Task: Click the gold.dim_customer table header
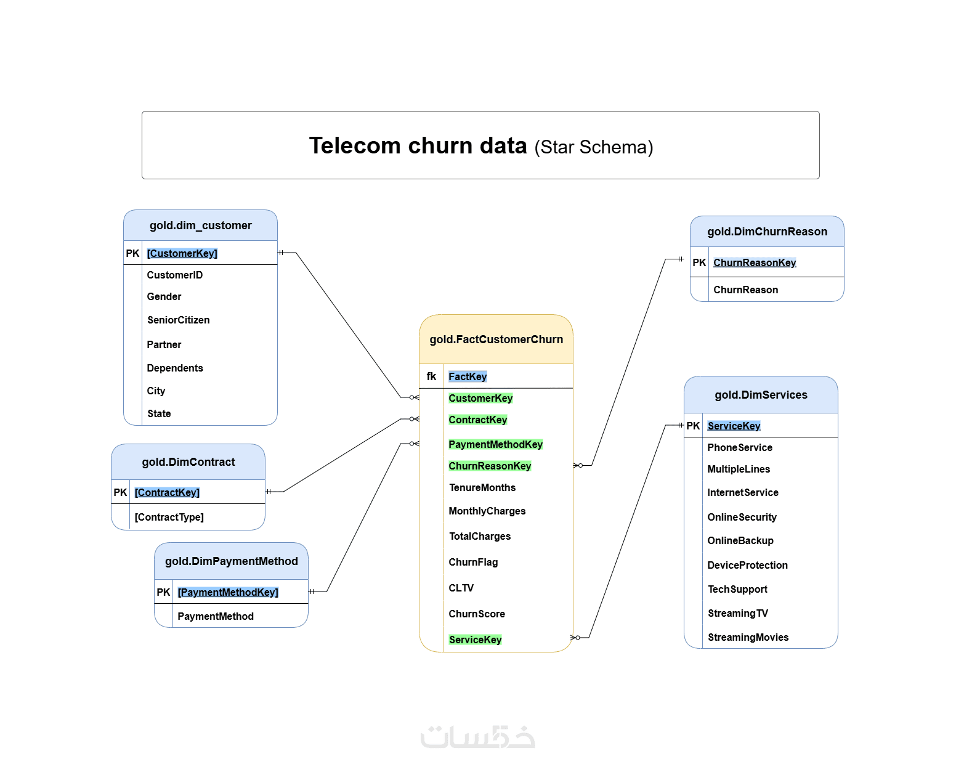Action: click(x=200, y=226)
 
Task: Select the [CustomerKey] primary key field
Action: click(x=182, y=253)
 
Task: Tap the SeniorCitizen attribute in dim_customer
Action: click(x=178, y=320)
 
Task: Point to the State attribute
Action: click(x=159, y=414)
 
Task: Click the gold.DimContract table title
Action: click(x=188, y=462)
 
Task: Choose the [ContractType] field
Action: click(x=169, y=517)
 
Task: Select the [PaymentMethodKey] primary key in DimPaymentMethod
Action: click(x=228, y=592)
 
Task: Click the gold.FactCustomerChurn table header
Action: click(x=496, y=339)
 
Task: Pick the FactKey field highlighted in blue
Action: click(x=468, y=376)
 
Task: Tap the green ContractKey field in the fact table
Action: click(x=477, y=420)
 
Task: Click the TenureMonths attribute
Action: click(x=482, y=487)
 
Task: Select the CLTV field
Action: click(x=461, y=588)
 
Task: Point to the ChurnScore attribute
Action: click(x=477, y=614)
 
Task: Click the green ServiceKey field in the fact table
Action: click(x=475, y=640)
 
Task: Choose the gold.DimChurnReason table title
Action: click(x=767, y=232)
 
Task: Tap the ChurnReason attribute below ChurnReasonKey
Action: click(x=746, y=290)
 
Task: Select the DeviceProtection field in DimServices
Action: click(x=748, y=566)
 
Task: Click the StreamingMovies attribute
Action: click(x=748, y=637)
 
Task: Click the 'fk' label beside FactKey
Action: click(x=431, y=376)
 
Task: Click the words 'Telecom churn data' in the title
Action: click(x=418, y=145)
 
